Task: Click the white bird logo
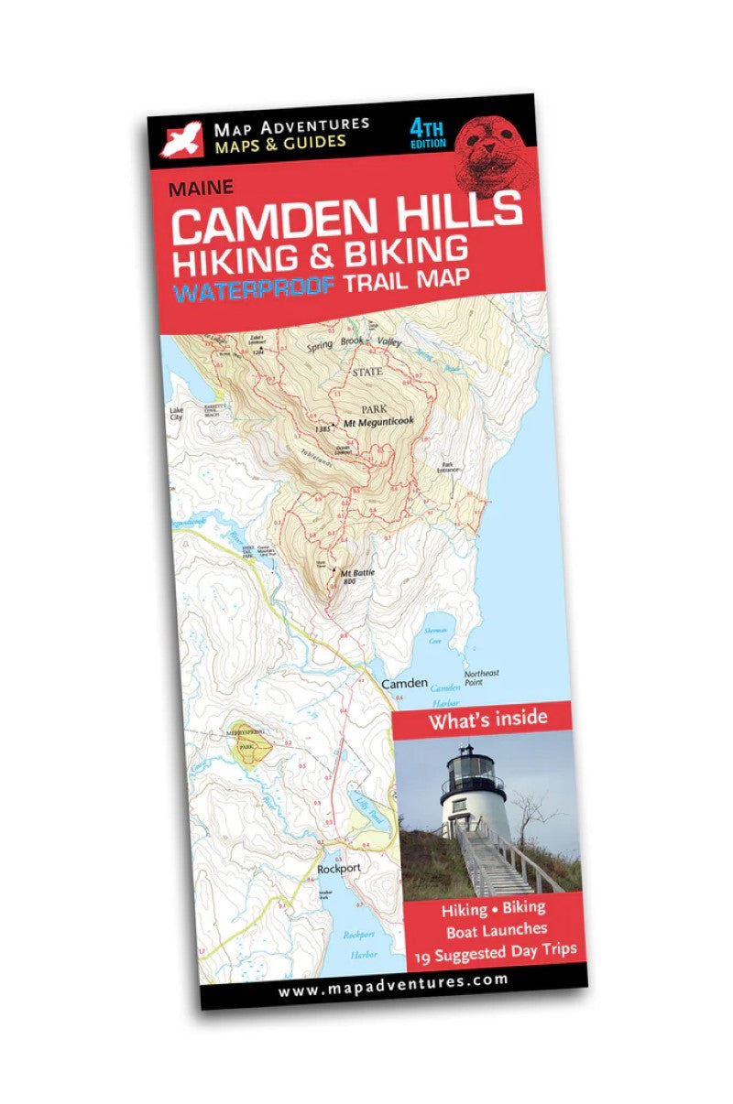181,138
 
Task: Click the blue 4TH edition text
428,134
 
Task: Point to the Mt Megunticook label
377,421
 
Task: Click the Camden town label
404,683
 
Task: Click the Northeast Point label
481,677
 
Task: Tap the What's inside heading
487,718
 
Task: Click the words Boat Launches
496,929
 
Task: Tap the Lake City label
176,413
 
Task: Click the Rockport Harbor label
358,942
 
